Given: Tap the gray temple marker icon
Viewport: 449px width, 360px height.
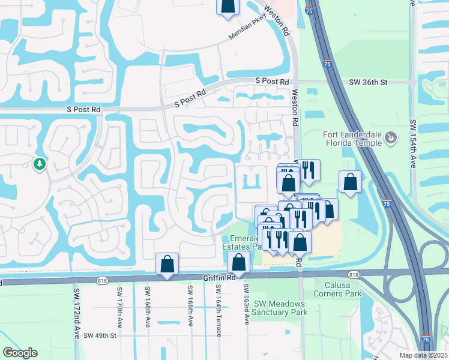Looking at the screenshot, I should pyautogui.click(x=391, y=139).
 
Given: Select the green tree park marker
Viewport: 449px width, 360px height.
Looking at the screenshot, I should pyautogui.click(x=40, y=164).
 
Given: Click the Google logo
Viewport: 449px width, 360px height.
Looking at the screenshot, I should pyautogui.click(x=20, y=353).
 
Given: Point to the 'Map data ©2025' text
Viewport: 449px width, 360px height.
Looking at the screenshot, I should pyautogui.click(x=424, y=355).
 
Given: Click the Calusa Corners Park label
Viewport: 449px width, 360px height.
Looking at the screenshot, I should pyautogui.click(x=337, y=289).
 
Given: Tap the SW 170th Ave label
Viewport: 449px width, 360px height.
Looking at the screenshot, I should pyautogui.click(x=119, y=305).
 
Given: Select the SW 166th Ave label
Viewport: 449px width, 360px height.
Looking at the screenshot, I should pyautogui.click(x=190, y=305).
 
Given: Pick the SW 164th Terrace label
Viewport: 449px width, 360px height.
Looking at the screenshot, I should pyautogui.click(x=218, y=305).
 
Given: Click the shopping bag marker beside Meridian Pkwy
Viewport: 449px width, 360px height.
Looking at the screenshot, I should pyautogui.click(x=228, y=5).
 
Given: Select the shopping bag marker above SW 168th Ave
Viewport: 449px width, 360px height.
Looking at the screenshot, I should pyautogui.click(x=167, y=264).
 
